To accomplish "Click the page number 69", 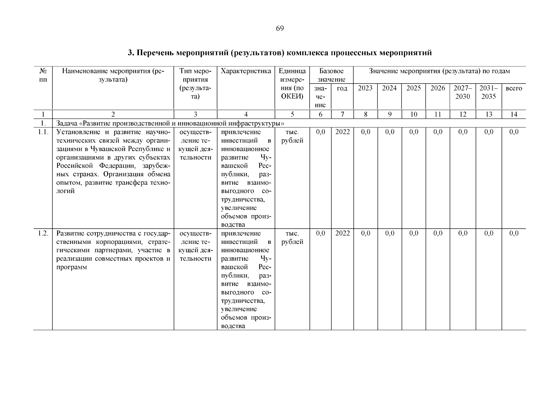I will click(x=280, y=28).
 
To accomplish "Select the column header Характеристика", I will click(x=246, y=71).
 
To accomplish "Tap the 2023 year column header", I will click(x=365, y=88).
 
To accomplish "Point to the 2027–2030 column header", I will click(x=463, y=92).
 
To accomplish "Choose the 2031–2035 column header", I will click(x=488, y=92).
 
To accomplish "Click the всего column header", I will click(x=514, y=88).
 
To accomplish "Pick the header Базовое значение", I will click(x=331, y=75).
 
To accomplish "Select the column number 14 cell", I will click(x=514, y=114).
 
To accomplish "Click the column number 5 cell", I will click(x=292, y=114).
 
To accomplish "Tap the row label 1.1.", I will click(x=43, y=132).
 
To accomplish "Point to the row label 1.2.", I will click(x=43, y=233).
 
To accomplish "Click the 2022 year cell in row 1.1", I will click(x=342, y=132).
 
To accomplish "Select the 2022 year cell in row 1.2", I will click(x=342, y=233).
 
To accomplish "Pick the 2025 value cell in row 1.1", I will click(x=413, y=132).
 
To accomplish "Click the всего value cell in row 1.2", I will click(x=514, y=233).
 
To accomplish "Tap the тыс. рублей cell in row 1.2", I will click(x=292, y=238).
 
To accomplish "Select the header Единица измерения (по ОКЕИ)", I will click(x=292, y=84).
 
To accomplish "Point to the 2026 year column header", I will click(x=438, y=88).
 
